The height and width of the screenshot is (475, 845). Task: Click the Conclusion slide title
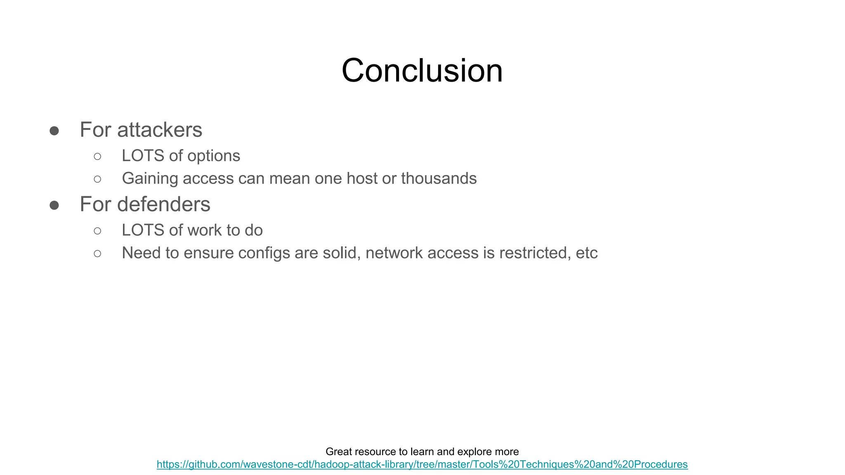[422, 71]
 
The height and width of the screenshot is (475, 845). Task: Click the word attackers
[160, 130]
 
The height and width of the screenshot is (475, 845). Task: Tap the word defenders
[164, 205]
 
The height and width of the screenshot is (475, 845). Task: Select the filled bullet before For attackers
[54, 131]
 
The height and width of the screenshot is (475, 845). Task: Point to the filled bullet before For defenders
[54, 205]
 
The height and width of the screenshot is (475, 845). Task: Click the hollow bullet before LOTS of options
[97, 156]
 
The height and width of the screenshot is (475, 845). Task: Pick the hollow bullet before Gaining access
[97, 179]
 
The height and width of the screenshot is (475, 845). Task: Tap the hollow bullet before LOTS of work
[97, 231]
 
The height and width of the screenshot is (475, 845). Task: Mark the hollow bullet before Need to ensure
[97, 254]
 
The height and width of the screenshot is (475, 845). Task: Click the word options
[213, 156]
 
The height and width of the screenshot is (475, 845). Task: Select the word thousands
[439, 179]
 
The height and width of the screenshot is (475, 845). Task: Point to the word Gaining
[150, 179]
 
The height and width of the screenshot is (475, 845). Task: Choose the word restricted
[535, 253]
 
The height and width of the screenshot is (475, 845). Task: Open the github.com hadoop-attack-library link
[422, 464]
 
